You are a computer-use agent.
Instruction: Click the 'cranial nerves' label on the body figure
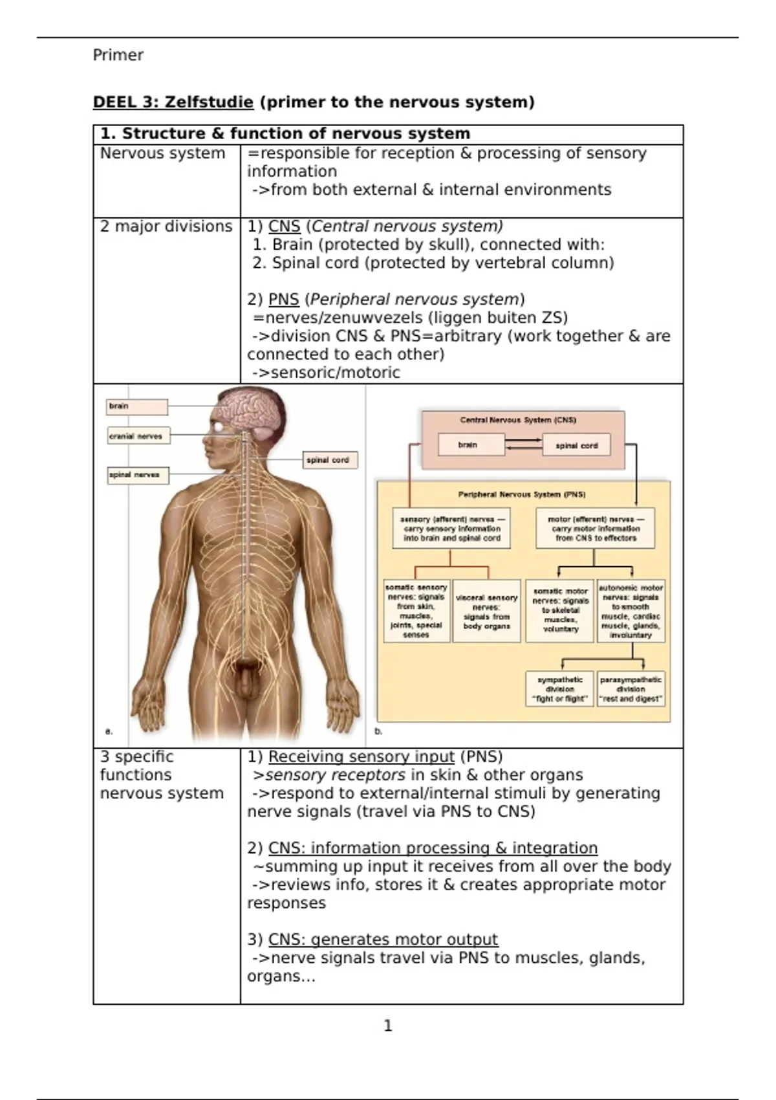tap(138, 436)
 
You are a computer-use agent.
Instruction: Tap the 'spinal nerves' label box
tap(137, 475)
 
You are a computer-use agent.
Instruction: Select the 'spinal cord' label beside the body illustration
tap(330, 460)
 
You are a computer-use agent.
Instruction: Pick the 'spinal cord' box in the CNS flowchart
tap(576, 445)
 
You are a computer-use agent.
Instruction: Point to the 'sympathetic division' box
tap(559, 689)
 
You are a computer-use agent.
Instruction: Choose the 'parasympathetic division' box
tap(630, 689)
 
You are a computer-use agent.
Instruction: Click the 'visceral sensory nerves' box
tap(486, 611)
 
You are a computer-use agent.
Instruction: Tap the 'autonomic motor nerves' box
tap(630, 611)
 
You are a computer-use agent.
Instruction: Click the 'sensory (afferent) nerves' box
tap(451, 529)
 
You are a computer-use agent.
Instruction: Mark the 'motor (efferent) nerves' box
tap(595, 529)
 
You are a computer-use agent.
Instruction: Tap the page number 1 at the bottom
tap(388, 1026)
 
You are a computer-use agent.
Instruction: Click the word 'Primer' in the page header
tap(118, 55)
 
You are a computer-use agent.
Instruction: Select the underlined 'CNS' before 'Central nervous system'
tap(284, 226)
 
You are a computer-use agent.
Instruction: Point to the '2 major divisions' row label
tap(166, 226)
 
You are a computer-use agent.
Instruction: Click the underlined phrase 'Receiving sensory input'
tap(361, 757)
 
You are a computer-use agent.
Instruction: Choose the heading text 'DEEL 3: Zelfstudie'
tap(173, 102)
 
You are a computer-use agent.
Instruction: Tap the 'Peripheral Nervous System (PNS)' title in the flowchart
tap(522, 494)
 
